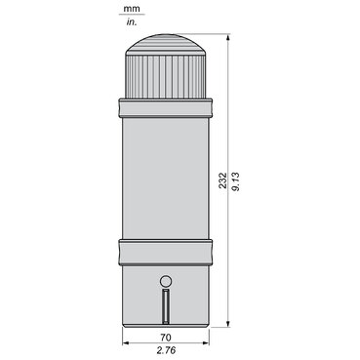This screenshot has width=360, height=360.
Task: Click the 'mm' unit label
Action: (132, 9)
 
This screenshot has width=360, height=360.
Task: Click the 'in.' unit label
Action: (132, 22)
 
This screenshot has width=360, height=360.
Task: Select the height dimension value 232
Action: (222, 180)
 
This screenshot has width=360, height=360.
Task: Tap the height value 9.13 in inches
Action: (236, 181)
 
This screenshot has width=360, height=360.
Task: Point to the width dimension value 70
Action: (166, 338)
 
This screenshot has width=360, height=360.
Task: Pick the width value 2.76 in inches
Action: (166, 350)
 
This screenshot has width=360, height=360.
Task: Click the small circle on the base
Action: (166, 281)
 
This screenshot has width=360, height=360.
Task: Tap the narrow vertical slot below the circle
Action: (166, 306)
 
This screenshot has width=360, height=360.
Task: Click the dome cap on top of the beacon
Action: (166, 45)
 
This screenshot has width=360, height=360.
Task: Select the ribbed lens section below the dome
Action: (166, 77)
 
